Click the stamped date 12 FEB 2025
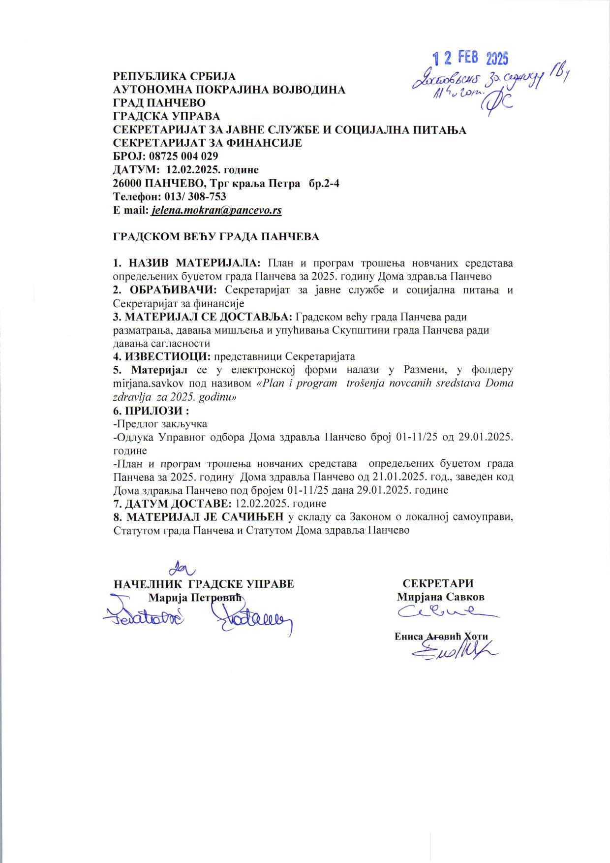[470, 59]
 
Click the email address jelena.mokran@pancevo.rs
[217, 210]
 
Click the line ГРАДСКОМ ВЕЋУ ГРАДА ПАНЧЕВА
[216, 237]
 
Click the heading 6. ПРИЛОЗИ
[151, 410]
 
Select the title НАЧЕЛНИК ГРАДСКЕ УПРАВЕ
[204, 584]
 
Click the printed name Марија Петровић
[196, 597]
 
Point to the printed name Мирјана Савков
[441, 597]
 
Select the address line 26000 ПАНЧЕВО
[226, 184]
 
